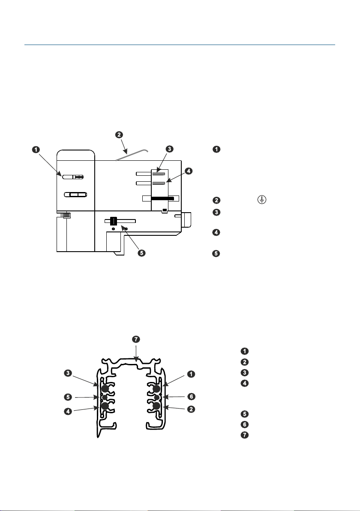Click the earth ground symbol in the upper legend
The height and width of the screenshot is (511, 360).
pyautogui.click(x=262, y=200)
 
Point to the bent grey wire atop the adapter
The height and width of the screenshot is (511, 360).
pyautogui.click(x=132, y=154)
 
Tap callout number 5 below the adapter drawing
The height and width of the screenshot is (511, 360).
pyautogui.click(x=141, y=253)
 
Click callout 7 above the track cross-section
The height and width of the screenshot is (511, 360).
pyautogui.click(x=136, y=339)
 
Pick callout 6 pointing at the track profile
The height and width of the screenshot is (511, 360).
pyautogui.click(x=191, y=396)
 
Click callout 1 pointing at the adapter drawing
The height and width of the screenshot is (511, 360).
pyautogui.click(x=36, y=150)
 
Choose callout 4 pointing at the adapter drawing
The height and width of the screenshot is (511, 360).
pyautogui.click(x=188, y=171)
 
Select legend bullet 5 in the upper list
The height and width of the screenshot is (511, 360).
pyautogui.click(x=216, y=253)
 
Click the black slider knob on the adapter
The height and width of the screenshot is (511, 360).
pyautogui.click(x=114, y=221)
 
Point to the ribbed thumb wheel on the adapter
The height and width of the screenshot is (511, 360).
pyautogui.click(x=66, y=215)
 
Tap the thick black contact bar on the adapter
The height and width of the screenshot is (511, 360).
pyautogui.click(x=162, y=198)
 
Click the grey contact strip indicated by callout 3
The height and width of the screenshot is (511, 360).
pyautogui.click(x=159, y=174)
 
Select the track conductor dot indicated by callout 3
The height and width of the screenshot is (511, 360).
pyautogui.click(x=105, y=388)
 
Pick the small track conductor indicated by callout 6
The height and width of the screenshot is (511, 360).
pyautogui.click(x=157, y=397)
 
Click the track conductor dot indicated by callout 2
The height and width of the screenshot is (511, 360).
pyautogui.click(x=156, y=406)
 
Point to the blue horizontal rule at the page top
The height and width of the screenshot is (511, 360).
pyautogui.click(x=180, y=45)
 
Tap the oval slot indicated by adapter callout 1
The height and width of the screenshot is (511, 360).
pyautogui.click(x=73, y=177)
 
